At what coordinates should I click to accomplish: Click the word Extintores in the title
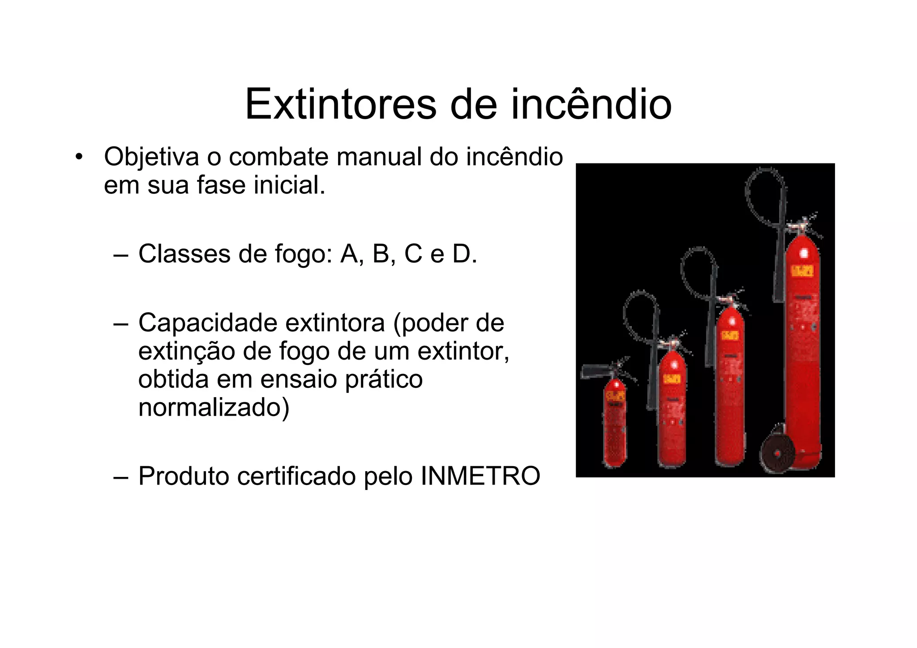[340, 105]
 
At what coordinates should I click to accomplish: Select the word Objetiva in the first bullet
[151, 158]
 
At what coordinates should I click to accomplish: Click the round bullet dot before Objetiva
[79, 157]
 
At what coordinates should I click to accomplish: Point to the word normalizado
[213, 408]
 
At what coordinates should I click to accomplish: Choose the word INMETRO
[480, 476]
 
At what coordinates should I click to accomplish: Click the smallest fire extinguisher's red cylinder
[614, 430]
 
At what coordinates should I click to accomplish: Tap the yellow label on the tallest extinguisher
[802, 271]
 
